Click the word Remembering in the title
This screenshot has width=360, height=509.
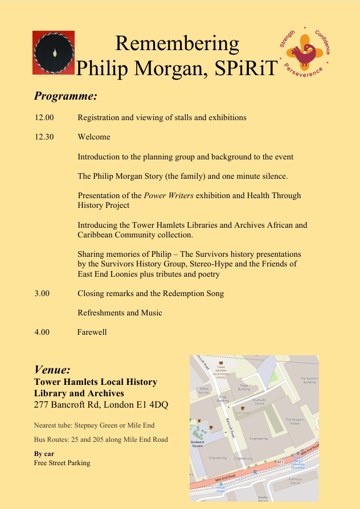pyautogui.click(x=177, y=44)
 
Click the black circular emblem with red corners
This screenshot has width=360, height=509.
pyautogui.click(x=54, y=52)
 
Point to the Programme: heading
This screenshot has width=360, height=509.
pyautogui.click(x=66, y=95)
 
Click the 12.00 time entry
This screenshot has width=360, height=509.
pyautogui.click(x=44, y=117)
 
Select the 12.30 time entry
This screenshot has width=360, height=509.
pyautogui.click(x=44, y=137)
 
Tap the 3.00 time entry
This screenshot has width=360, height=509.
pyautogui.click(x=42, y=293)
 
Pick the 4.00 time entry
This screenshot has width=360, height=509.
pyautogui.click(x=42, y=332)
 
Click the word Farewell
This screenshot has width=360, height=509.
pyautogui.click(x=92, y=332)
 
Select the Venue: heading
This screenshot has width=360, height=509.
pyautogui.click(x=52, y=370)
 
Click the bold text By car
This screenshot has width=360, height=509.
pyautogui.click(x=44, y=454)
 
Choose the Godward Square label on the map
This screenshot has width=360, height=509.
pyautogui.click(x=198, y=444)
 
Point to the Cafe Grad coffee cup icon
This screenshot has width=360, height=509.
pyautogui.click(x=243, y=409)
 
